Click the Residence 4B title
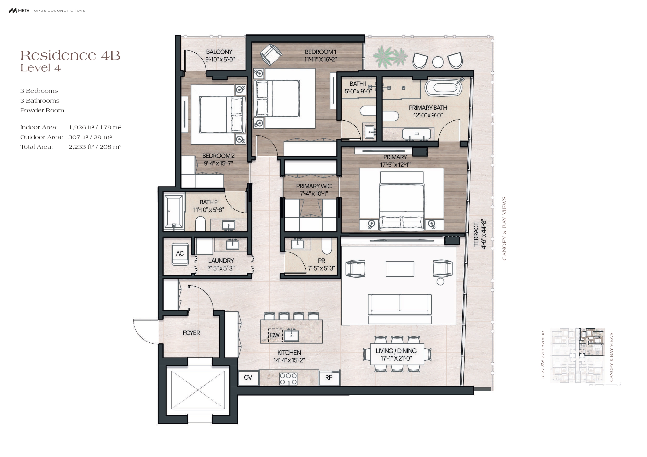(70, 55)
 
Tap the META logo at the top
(19, 11)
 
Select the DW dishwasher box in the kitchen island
(275, 335)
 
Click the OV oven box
(248, 378)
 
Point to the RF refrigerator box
(329, 378)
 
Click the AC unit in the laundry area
(180, 254)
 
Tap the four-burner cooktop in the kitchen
(288, 379)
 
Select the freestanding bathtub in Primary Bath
(444, 88)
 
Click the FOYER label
(191, 333)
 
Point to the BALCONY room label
(219, 52)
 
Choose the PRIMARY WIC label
(314, 186)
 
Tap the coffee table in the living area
(400, 269)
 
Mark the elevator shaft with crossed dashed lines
(198, 390)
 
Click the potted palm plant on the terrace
(390, 57)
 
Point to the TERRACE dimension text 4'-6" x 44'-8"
(484, 234)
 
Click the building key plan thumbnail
(578, 356)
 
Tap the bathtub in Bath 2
(174, 211)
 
